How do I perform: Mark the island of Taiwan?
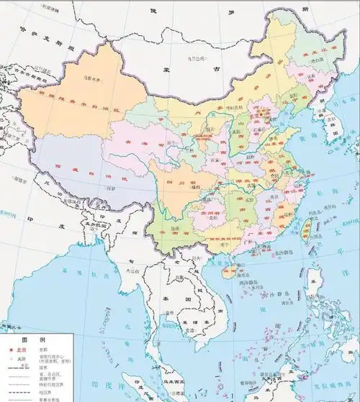point(305,231)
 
